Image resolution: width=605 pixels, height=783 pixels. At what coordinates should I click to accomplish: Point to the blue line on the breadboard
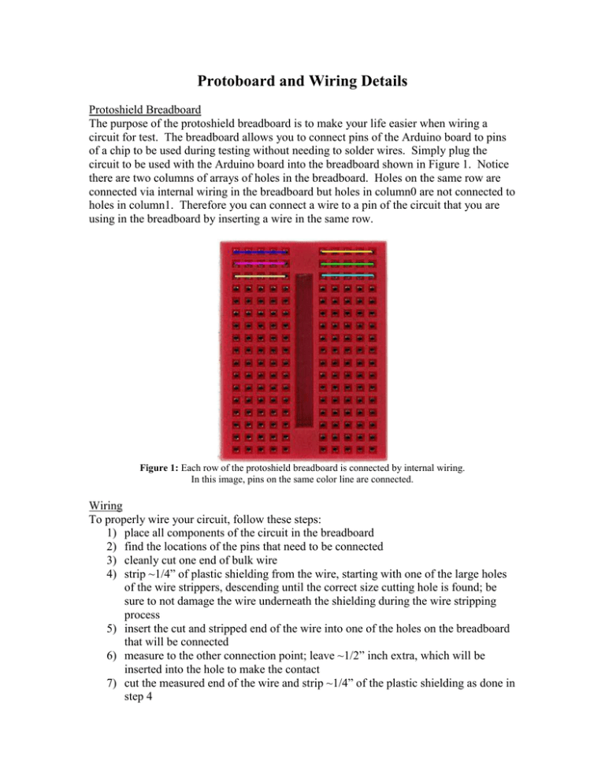coord(261,252)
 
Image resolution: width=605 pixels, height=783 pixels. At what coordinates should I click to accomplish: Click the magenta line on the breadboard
coord(261,264)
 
